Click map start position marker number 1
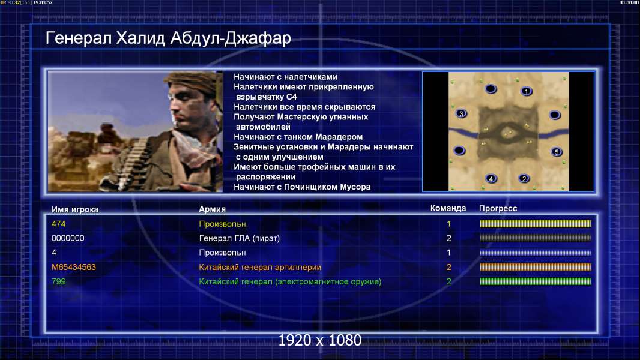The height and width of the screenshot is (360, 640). tap(527, 91)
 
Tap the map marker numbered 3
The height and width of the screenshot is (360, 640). tap(461, 113)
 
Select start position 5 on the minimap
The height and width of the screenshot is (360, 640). tap(557, 152)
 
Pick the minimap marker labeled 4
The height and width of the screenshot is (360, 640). tap(491, 178)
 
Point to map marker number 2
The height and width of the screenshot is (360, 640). tap(524, 178)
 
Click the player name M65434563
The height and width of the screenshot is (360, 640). tap(73, 267)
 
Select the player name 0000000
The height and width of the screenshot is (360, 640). tap(68, 238)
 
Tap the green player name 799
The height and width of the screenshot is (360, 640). tap(58, 281)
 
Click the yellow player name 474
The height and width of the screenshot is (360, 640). tap(58, 224)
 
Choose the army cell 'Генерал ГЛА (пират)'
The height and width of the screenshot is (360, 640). tap(239, 238)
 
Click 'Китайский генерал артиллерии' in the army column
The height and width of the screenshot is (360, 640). tap(259, 267)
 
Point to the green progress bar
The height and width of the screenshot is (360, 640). tap(536, 281)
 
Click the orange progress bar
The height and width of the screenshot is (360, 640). tap(536, 267)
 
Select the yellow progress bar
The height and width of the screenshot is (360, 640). tap(536, 224)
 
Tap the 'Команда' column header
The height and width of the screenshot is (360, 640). tap(448, 208)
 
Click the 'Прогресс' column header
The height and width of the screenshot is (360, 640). tap(498, 208)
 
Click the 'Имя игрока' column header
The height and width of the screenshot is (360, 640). tap(74, 209)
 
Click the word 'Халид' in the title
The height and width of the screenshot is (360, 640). tap(140, 38)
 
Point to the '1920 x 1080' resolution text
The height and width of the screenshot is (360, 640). tap(319, 340)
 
